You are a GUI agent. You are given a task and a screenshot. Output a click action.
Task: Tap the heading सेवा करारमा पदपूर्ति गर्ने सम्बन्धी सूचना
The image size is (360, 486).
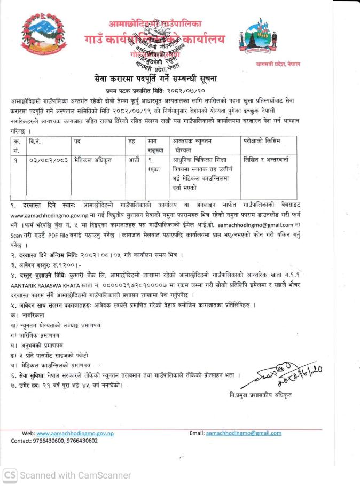pos(179,79)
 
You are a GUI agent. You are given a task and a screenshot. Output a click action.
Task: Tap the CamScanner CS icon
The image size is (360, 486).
pos(9,475)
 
